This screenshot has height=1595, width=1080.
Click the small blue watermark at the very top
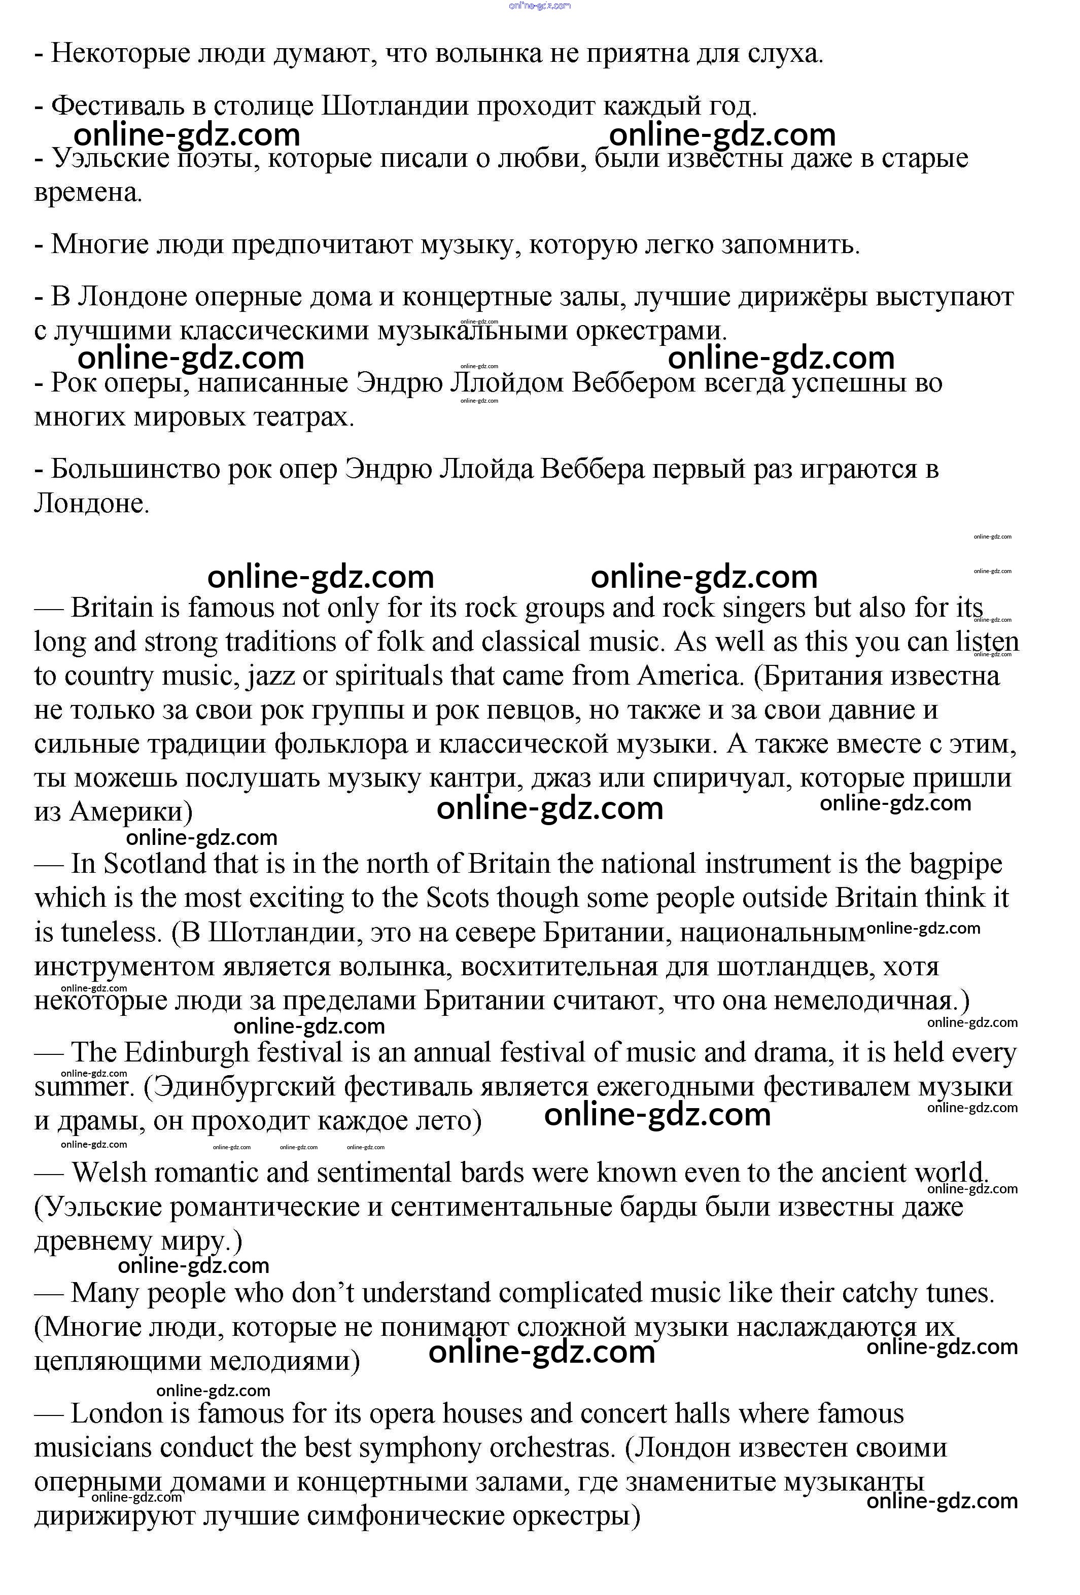(x=540, y=6)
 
